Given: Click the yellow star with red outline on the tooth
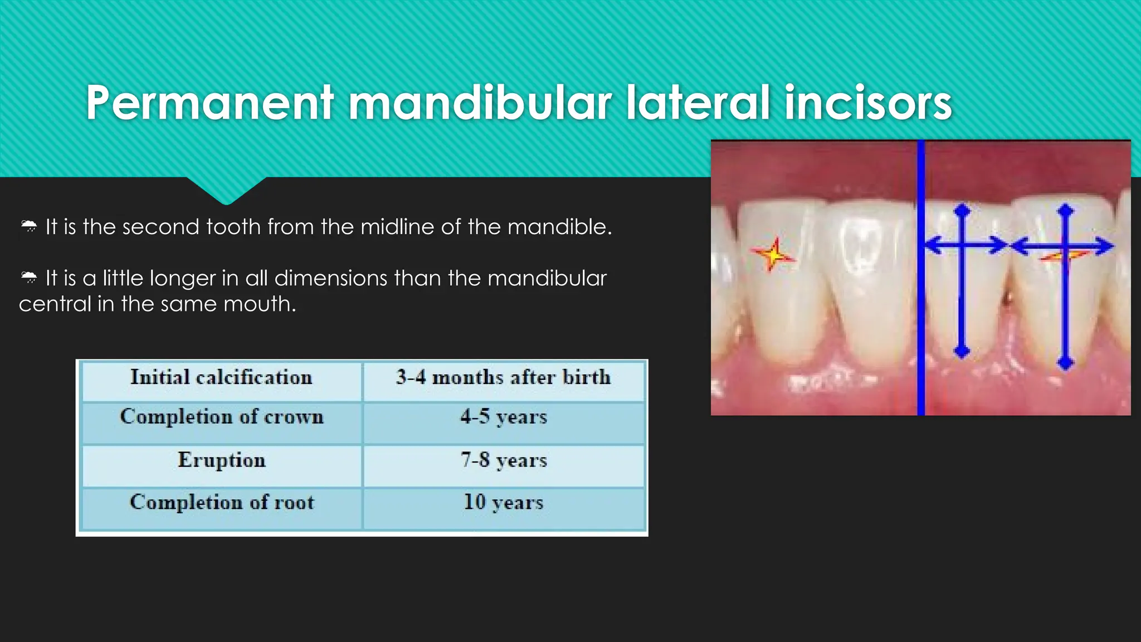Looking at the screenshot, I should pos(773,255).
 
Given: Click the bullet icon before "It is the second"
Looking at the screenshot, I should pos(29,226).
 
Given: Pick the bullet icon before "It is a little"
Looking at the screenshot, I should pos(29,278).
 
